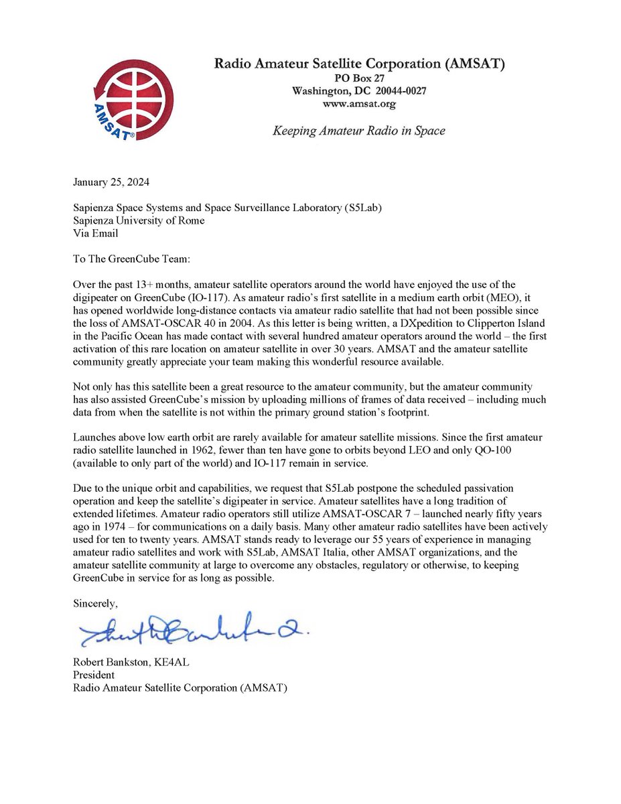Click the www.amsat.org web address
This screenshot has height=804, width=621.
click(358, 104)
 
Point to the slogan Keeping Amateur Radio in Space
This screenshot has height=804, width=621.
click(358, 131)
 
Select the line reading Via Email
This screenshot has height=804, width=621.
click(95, 232)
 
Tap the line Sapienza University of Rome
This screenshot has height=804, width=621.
click(139, 220)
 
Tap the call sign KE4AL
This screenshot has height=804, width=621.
click(178, 663)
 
